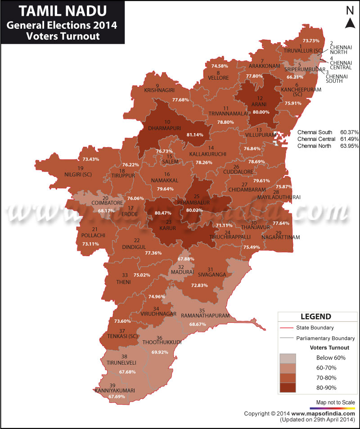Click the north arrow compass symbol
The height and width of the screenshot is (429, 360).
pyautogui.click(x=349, y=18)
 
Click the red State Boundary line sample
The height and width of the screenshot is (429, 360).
pyautogui.click(x=286, y=328)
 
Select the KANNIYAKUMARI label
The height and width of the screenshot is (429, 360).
pyautogui.click(x=115, y=390)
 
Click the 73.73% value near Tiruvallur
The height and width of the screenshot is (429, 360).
pyautogui.click(x=314, y=41)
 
